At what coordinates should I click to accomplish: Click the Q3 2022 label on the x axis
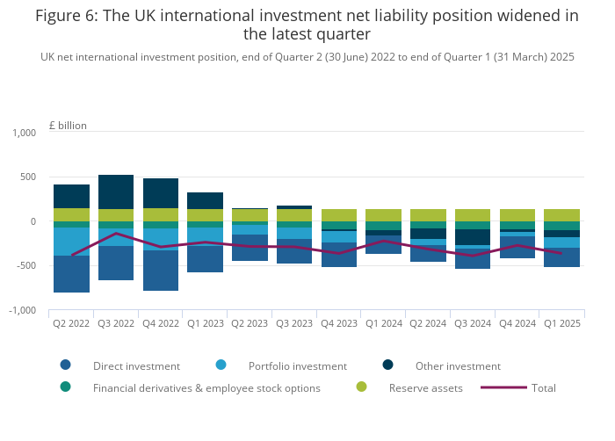[x=116, y=323]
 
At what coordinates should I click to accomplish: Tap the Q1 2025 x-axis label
[x=561, y=323]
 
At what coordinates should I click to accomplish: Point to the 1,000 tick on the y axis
[x=24, y=133]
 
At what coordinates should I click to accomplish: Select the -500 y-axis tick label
[x=24, y=265]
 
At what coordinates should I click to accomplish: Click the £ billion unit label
[x=68, y=126]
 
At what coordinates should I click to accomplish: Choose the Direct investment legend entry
[x=136, y=366]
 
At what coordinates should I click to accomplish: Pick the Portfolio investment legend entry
[x=297, y=366]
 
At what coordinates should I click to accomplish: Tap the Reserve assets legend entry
[x=425, y=387]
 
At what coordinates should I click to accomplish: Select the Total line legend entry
[x=543, y=387]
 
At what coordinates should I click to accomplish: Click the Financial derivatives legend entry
[x=206, y=387]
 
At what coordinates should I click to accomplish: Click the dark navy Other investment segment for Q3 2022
[x=116, y=192]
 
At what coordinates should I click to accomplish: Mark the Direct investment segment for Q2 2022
[x=71, y=274]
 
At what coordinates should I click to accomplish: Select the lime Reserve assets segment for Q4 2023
[x=338, y=215]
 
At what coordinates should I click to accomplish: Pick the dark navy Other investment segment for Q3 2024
[x=472, y=237]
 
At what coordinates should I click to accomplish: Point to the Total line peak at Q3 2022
[x=116, y=233]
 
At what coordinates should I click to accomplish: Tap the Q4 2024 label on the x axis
[x=517, y=323]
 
